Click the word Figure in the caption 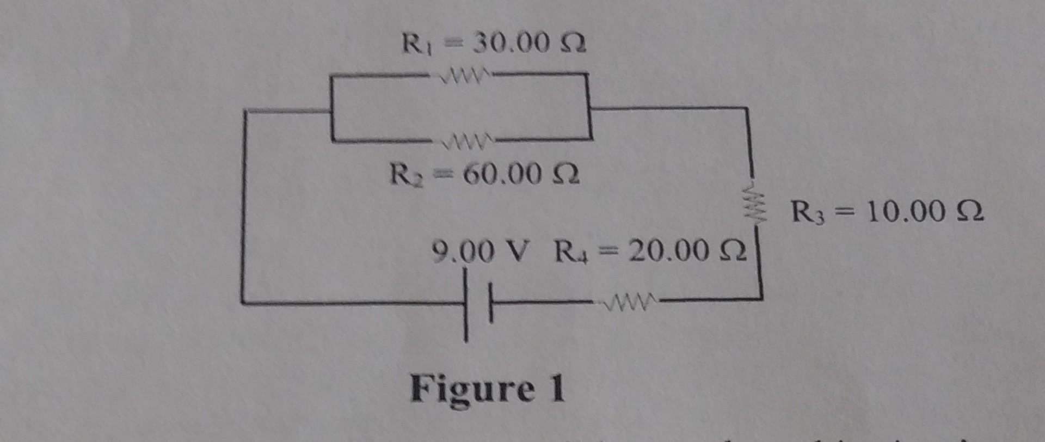471,389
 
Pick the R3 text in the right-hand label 804,212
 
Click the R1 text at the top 415,44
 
